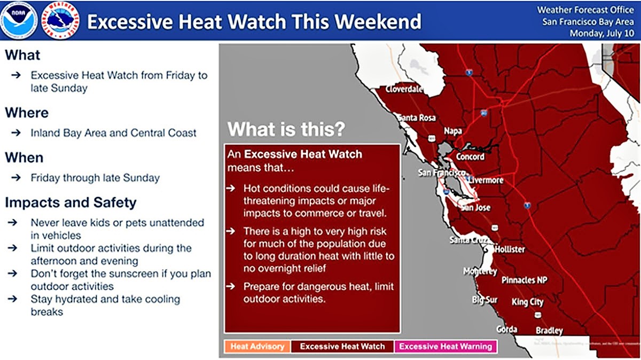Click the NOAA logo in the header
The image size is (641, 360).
(x=19, y=20)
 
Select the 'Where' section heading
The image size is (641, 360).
(x=27, y=113)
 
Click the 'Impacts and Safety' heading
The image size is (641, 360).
(x=71, y=202)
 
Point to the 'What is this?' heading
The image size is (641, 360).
(x=286, y=130)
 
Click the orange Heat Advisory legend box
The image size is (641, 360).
(x=257, y=346)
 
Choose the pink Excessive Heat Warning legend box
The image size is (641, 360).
(x=445, y=346)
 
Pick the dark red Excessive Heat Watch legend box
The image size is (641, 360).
(x=342, y=346)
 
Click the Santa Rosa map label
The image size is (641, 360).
(x=416, y=118)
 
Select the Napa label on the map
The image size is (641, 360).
(x=452, y=131)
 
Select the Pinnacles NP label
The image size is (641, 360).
(x=524, y=280)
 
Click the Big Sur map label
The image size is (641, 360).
(x=484, y=300)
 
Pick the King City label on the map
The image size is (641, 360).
(x=527, y=302)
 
